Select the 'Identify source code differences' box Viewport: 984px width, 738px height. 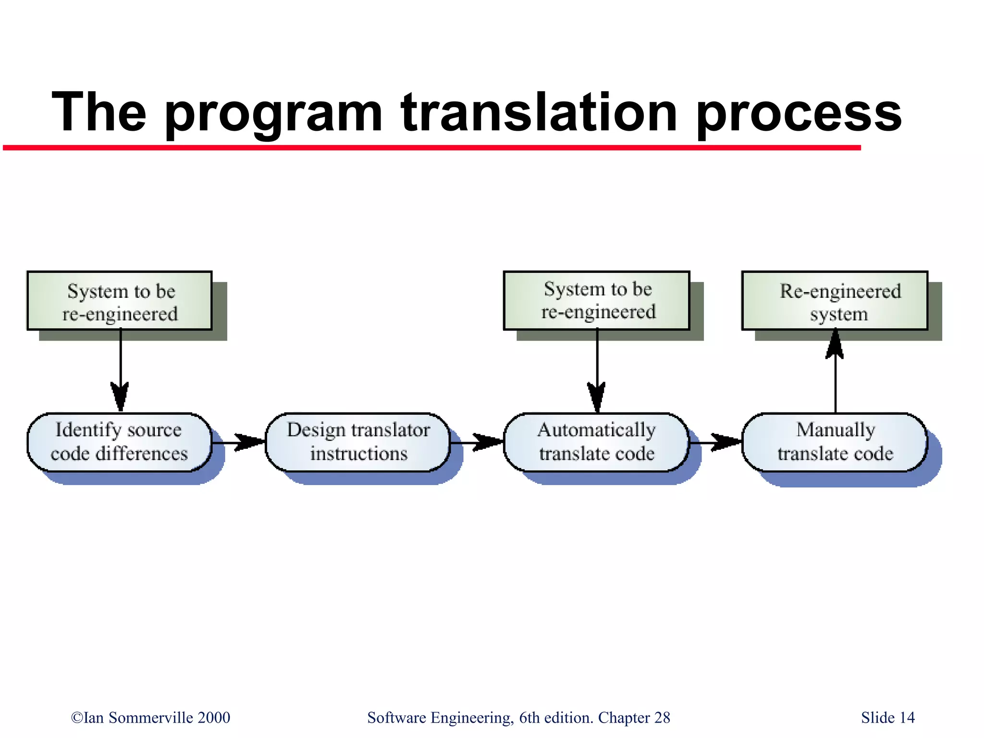point(119,442)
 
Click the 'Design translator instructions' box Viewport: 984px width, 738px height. point(358,442)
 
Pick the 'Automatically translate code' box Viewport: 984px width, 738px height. point(596,442)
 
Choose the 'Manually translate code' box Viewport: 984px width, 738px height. point(835,442)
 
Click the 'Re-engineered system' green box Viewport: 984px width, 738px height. point(835,301)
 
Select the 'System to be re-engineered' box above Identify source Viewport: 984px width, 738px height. point(119,301)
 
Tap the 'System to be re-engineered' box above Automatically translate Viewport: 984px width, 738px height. point(597,300)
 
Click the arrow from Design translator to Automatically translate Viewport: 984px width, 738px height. point(477,442)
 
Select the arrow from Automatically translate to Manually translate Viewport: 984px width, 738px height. point(716,442)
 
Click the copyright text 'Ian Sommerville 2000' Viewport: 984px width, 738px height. point(150,717)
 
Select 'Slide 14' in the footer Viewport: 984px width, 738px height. point(887,717)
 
